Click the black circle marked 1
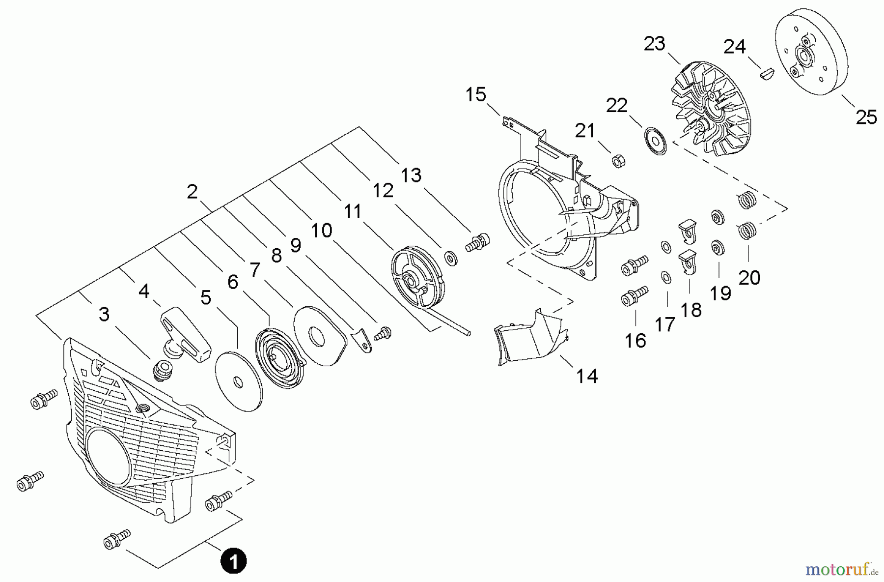coord(233,561)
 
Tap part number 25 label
coord(866,117)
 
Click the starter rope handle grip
coord(187,334)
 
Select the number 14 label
coord(586,376)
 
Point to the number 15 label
coord(475,94)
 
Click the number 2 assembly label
coord(192,191)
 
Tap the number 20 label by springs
coord(749,278)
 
